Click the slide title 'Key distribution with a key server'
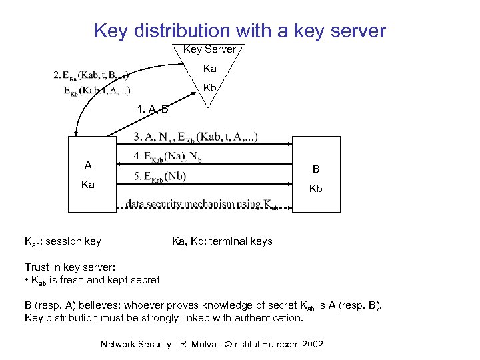tap(240, 31)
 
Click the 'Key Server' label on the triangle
tap(209, 49)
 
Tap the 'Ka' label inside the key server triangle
tap(209, 68)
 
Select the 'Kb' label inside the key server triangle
tap(209, 87)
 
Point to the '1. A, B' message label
tap(152, 109)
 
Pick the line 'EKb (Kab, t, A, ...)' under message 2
tap(97, 90)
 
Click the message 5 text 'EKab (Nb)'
tap(160, 177)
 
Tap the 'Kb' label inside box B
tap(315, 189)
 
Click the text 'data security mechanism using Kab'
tap(202, 204)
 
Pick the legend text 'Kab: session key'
tap(63, 241)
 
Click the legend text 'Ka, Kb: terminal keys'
tap(222, 241)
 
